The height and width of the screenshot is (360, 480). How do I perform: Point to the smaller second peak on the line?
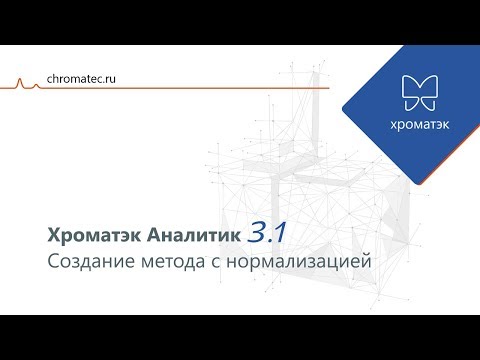point(37,84)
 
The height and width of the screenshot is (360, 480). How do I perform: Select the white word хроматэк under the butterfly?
point(418,125)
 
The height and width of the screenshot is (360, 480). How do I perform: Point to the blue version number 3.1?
point(268,233)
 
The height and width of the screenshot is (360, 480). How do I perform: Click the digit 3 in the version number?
point(257,233)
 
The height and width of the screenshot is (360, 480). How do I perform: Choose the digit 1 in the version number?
point(282,233)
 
